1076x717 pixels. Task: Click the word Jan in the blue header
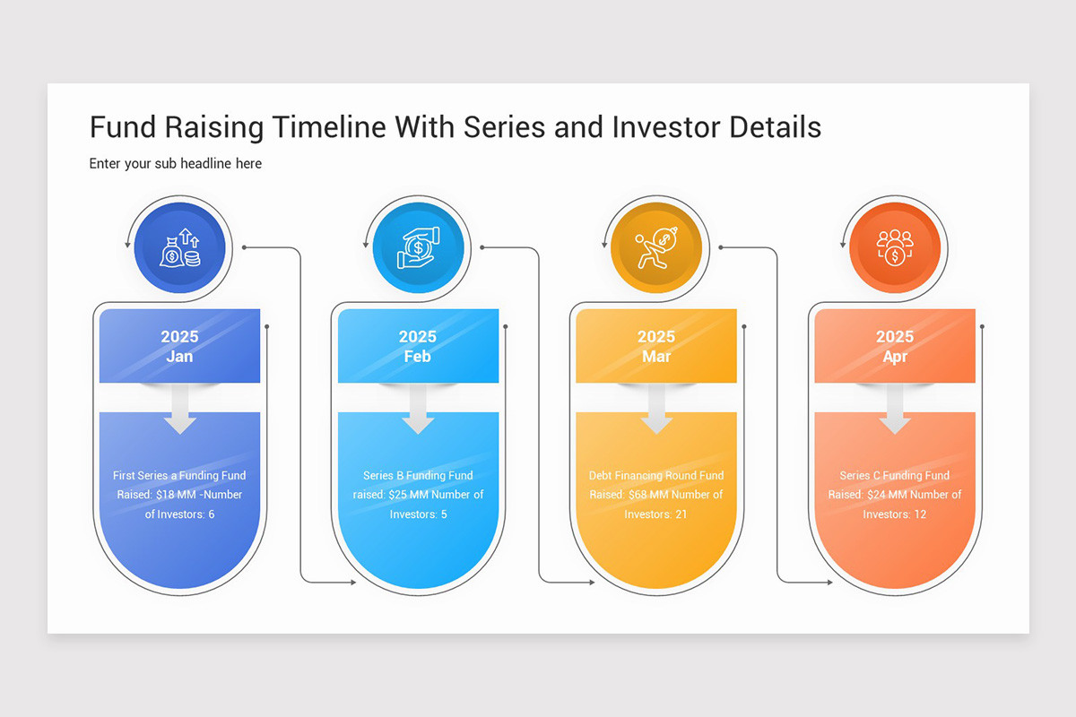pos(179,357)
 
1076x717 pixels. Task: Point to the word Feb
pos(418,357)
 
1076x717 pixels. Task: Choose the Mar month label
pos(656,357)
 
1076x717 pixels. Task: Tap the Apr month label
pos(895,357)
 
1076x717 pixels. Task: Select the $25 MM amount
pos(409,495)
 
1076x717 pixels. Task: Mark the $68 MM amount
pos(647,495)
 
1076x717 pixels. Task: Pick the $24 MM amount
pos(886,495)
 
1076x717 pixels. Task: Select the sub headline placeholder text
pos(176,164)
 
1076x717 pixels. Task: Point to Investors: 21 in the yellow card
pos(656,514)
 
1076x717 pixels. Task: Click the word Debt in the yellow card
pos(602,476)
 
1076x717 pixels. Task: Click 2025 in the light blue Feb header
pos(418,337)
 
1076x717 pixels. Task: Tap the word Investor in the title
pos(667,127)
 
